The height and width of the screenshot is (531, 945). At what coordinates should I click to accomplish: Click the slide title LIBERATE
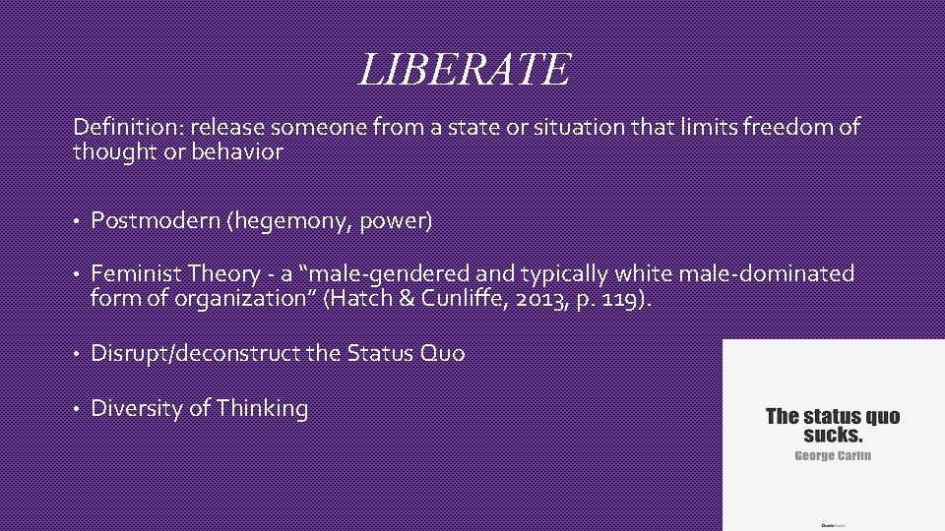click(x=465, y=69)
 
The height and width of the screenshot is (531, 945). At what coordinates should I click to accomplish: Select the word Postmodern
click(x=156, y=220)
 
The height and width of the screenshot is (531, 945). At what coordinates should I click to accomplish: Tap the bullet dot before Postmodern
click(x=77, y=221)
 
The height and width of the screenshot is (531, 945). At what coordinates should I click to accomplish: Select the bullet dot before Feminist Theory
click(x=77, y=273)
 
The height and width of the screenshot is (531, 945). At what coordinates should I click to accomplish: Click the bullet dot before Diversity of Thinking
click(x=77, y=409)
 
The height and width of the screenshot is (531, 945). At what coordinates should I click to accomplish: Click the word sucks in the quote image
click(x=832, y=435)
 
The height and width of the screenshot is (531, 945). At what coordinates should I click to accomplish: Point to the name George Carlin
click(x=833, y=455)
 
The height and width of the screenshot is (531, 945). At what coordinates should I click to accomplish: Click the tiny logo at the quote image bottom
click(x=833, y=524)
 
